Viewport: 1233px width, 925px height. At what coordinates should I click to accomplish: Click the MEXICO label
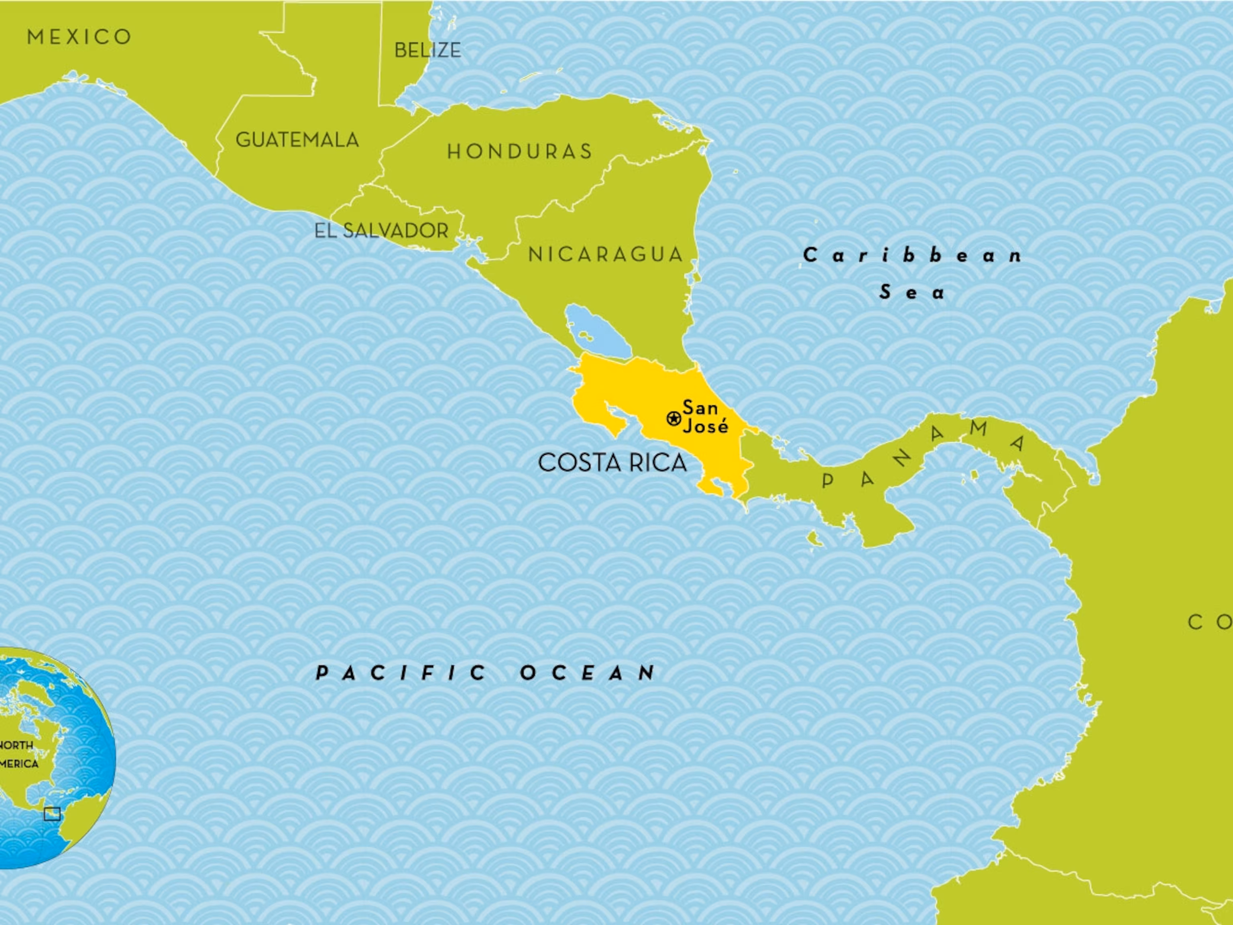click(x=79, y=37)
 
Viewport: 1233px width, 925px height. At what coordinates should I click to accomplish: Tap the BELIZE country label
click(x=427, y=51)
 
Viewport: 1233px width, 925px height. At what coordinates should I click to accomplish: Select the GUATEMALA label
click(x=297, y=140)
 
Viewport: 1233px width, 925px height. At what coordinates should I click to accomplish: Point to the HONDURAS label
click(x=519, y=152)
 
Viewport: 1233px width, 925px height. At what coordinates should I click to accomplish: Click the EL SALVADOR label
click(x=381, y=231)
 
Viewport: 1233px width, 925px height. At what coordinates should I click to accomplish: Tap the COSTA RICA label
click(x=612, y=463)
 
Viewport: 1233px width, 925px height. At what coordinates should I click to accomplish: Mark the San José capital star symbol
click(x=673, y=418)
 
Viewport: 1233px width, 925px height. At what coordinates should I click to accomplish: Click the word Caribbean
click(x=912, y=256)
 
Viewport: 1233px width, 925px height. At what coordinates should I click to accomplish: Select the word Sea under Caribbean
click(x=912, y=292)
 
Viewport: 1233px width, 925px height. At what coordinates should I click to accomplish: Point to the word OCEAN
click(x=588, y=673)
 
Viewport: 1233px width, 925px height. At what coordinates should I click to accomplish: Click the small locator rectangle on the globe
click(x=53, y=815)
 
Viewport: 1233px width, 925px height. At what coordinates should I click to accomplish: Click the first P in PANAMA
click(x=828, y=481)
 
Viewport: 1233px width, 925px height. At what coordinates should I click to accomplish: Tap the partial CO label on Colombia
click(x=1210, y=622)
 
